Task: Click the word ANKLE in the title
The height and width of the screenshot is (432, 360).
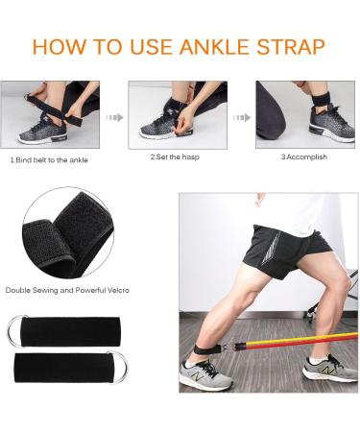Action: [214, 47]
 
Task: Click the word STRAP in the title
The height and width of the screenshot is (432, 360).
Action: [291, 47]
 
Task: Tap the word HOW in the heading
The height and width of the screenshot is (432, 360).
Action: [60, 47]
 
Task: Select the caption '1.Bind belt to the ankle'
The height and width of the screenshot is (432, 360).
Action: [49, 160]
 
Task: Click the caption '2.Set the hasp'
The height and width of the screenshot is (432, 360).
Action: [175, 156]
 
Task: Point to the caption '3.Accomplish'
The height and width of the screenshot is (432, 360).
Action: [304, 156]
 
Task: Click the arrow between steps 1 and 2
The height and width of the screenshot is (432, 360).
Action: [114, 118]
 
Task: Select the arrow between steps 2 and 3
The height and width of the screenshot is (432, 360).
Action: [242, 118]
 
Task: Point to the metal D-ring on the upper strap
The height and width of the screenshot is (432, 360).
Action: [15, 331]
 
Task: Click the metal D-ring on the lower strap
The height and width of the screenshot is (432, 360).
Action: [119, 368]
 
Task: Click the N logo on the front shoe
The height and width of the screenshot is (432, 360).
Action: [196, 375]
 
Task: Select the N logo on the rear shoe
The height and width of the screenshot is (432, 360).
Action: [327, 371]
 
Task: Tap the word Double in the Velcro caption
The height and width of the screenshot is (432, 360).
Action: [16, 290]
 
